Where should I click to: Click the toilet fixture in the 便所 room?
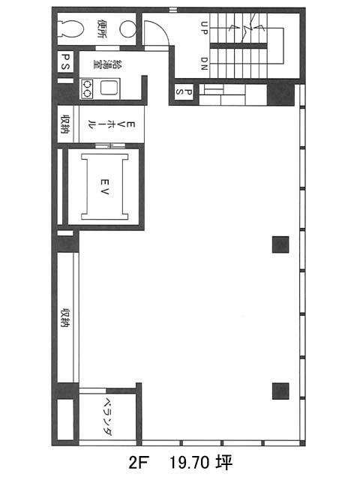tap(72, 29)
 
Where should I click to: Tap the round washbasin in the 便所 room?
tap(127, 29)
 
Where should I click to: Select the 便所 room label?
tap(102, 28)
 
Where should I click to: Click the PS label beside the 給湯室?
tap(66, 61)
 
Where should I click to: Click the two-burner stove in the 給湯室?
tap(87, 88)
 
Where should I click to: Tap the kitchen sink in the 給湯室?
tap(109, 88)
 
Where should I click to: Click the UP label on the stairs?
tap(204, 28)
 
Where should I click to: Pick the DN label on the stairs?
tap(204, 64)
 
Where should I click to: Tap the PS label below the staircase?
tap(184, 91)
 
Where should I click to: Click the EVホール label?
tap(111, 124)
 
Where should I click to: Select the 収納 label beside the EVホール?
tap(65, 124)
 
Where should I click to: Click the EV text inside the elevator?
tap(104, 187)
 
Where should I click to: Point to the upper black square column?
tap(280, 244)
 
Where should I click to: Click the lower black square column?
tap(280, 391)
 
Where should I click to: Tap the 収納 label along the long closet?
tap(65, 318)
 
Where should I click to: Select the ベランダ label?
tap(107, 416)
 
